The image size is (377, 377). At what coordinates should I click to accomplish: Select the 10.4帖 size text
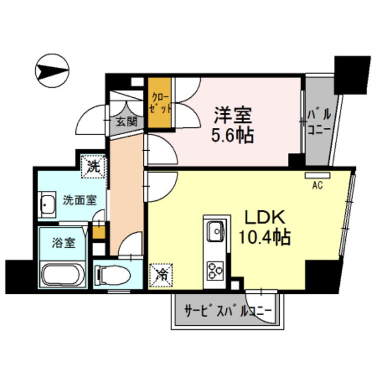pyautogui.click(x=264, y=238)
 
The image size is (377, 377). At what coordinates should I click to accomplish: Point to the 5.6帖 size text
pyautogui.click(x=233, y=135)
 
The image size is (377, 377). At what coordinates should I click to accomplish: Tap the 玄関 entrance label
pyautogui.click(x=125, y=122)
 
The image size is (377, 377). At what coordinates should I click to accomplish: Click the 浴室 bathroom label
pyautogui.click(x=63, y=242)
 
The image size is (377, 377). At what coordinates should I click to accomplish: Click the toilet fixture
pyautogui.click(x=111, y=274)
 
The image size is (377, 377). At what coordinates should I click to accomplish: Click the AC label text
pyautogui.click(x=318, y=186)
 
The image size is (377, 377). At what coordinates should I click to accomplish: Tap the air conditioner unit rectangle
pyautogui.click(x=318, y=175)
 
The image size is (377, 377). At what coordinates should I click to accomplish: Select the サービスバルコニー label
pyautogui.click(x=227, y=311)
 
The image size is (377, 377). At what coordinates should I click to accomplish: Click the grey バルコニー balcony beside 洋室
pyautogui.click(x=318, y=121)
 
